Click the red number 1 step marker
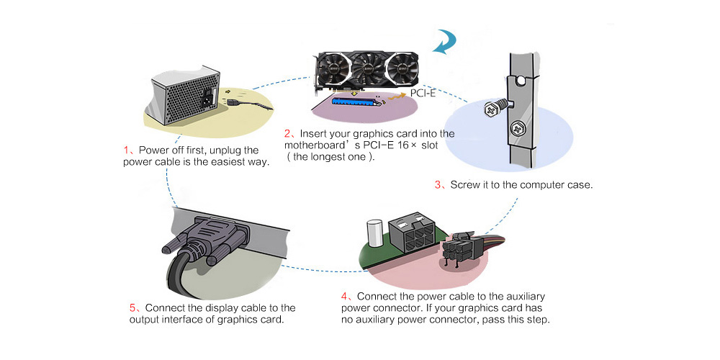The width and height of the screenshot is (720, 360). tap(126, 150)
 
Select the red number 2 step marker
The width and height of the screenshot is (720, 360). tap(287, 133)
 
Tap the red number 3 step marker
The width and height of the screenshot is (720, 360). tap(438, 185)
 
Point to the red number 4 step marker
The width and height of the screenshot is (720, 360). tap(344, 296)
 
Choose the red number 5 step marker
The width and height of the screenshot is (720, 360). tap(132, 307)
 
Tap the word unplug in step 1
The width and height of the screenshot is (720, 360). tap(220, 150)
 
